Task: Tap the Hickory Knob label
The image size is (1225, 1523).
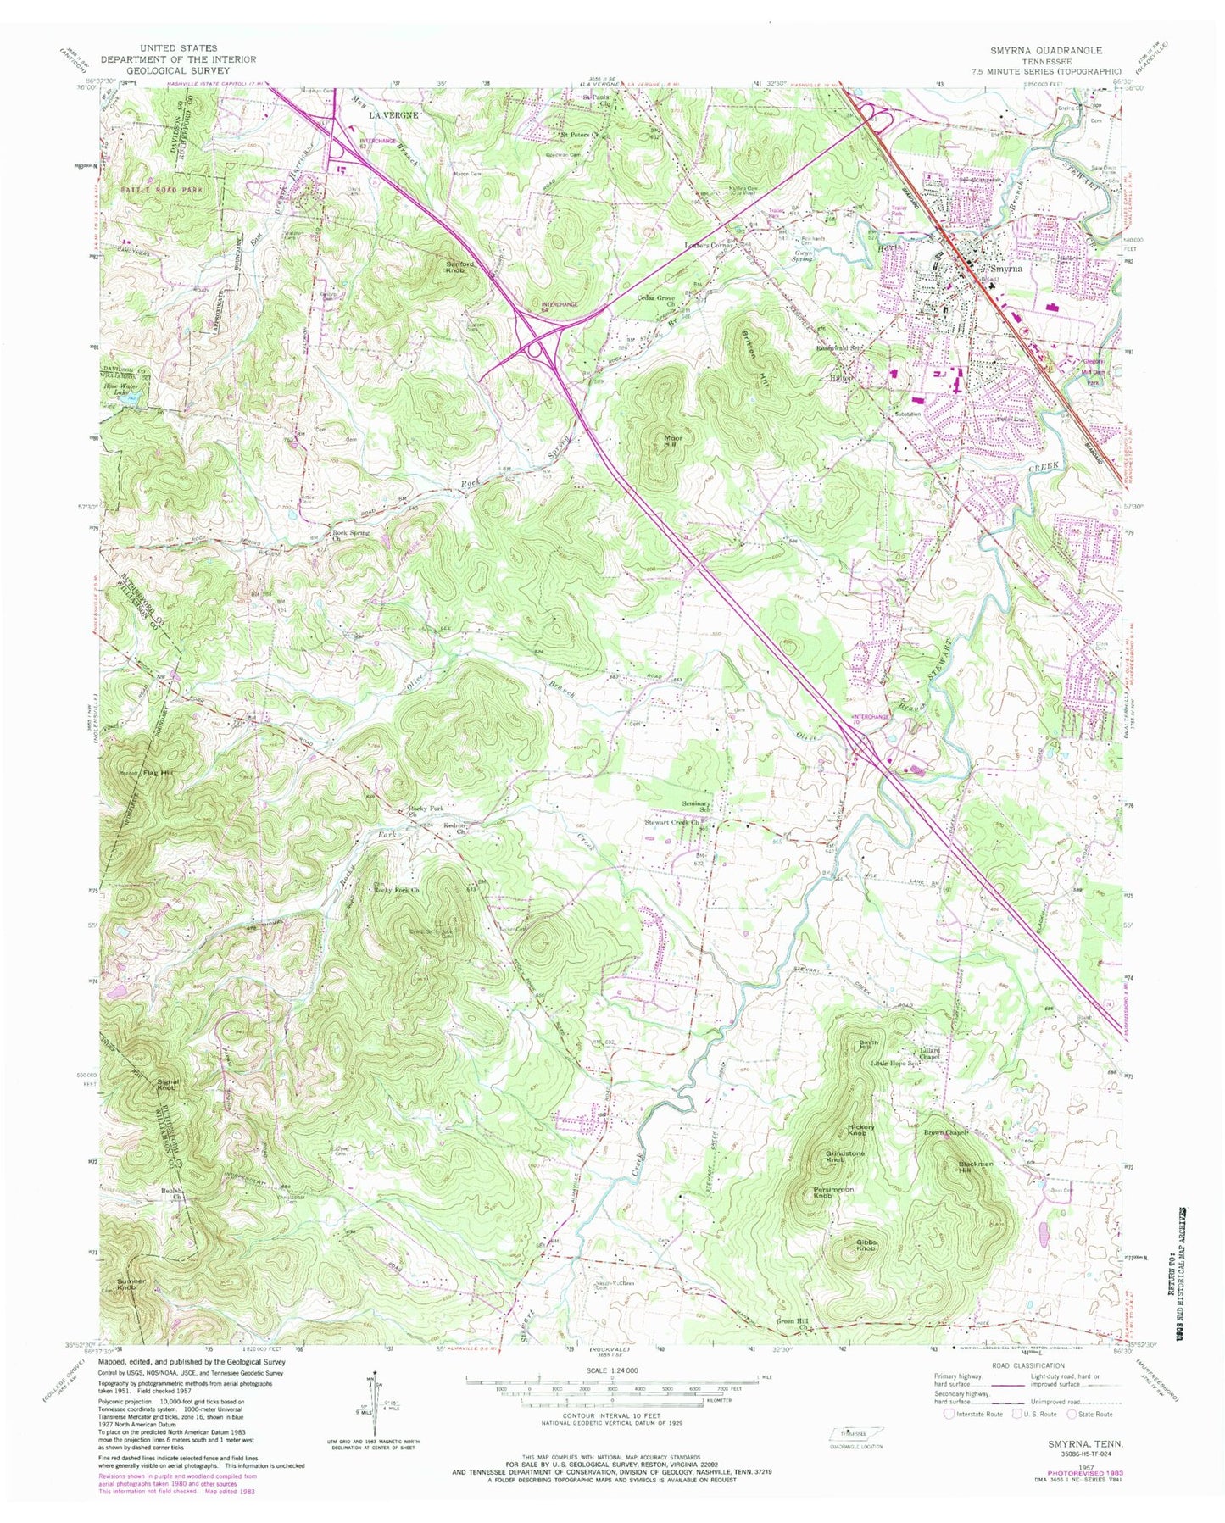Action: coord(861,1130)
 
